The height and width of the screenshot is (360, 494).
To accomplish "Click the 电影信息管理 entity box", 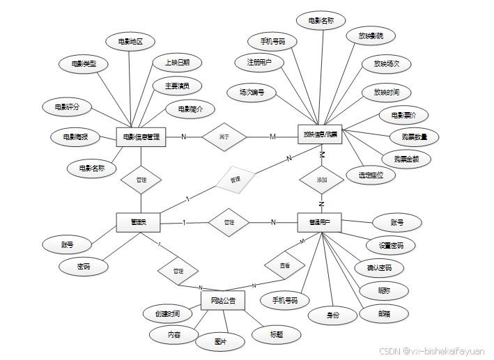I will (x=141, y=136).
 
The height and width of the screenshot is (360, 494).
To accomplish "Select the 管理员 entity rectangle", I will (x=138, y=222).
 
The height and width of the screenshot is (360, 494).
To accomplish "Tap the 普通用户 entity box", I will (x=319, y=222).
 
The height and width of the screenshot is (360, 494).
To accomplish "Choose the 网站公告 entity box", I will (x=223, y=301).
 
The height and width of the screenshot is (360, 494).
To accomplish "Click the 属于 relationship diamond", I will (x=224, y=136).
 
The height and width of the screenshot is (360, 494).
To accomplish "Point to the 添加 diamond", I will (x=321, y=179).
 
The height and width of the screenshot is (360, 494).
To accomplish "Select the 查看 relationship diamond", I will (x=285, y=266).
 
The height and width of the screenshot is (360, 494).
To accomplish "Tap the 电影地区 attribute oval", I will (x=130, y=42).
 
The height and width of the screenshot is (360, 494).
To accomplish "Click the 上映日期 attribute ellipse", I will (x=178, y=63).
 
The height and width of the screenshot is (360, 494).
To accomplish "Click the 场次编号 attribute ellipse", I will (x=252, y=91).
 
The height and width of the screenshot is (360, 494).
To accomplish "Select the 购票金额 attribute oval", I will (x=406, y=159).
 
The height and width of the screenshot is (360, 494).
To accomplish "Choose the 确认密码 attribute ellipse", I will (x=379, y=267).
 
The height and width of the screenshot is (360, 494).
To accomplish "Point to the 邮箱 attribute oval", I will (x=384, y=313).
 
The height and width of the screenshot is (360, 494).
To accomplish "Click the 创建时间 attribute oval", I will (x=168, y=313).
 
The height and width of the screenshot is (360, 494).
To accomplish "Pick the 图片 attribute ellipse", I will (x=220, y=342).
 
